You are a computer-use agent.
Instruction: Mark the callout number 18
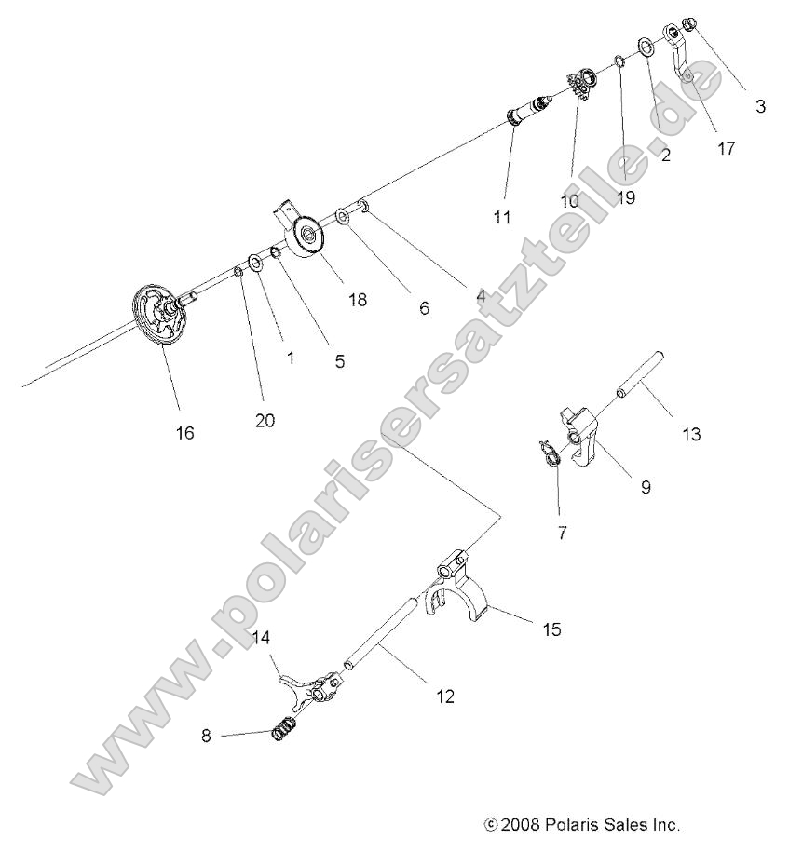tap(357, 300)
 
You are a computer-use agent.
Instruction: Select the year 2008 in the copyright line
tap(522, 824)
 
